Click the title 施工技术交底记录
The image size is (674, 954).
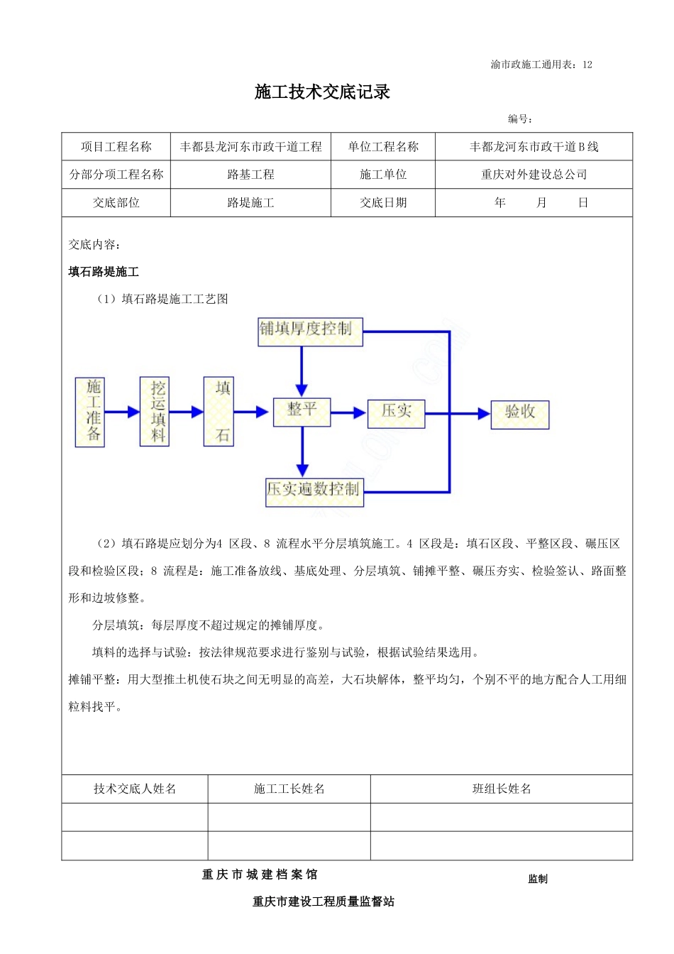click(322, 92)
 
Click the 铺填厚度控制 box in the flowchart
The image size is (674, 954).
click(309, 331)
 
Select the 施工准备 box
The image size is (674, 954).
click(90, 412)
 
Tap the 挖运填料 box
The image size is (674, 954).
click(155, 412)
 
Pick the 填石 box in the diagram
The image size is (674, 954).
click(219, 412)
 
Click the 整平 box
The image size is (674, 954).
click(302, 412)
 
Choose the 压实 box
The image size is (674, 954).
click(396, 413)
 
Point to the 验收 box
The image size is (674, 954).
click(520, 414)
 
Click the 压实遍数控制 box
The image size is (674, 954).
click(314, 492)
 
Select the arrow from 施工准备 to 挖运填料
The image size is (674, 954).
click(122, 412)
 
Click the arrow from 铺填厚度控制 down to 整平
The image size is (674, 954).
click(302, 371)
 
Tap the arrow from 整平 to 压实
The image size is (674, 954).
click(349, 412)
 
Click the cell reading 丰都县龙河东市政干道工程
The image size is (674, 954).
click(250, 147)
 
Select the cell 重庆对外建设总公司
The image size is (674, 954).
click(534, 175)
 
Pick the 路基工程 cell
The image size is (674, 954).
click(250, 175)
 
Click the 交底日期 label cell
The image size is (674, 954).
click(383, 203)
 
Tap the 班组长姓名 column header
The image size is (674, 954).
click(502, 789)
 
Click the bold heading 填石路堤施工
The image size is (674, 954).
click(104, 272)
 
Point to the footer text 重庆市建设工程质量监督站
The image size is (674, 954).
click(324, 901)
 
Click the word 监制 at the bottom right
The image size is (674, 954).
click(538, 879)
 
